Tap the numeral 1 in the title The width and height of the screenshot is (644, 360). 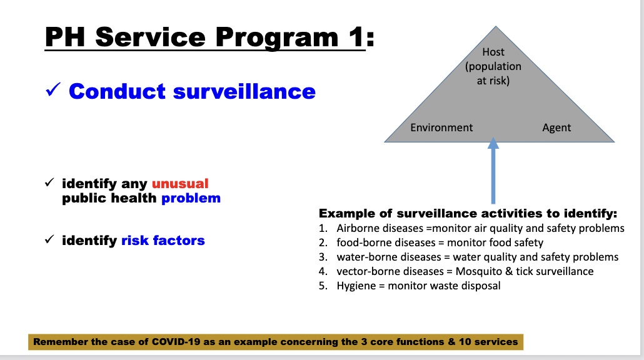click(x=355, y=37)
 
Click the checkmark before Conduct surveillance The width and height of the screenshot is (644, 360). click(x=53, y=91)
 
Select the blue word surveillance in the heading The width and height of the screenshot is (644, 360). click(x=244, y=91)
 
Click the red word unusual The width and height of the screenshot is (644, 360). click(x=180, y=184)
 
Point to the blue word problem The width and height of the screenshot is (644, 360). click(x=191, y=198)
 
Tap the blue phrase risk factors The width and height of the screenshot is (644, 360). click(x=163, y=240)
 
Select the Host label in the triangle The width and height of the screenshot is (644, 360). click(x=493, y=52)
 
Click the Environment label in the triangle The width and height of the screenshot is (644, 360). click(x=441, y=127)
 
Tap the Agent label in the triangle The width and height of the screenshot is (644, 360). click(x=556, y=127)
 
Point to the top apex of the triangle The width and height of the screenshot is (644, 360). click(x=496, y=27)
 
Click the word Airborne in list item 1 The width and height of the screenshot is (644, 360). click(x=358, y=228)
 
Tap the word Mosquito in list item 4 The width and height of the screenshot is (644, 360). click(x=479, y=271)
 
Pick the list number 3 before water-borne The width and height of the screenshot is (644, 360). click(x=323, y=257)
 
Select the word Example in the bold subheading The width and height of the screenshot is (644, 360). click(x=344, y=213)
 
